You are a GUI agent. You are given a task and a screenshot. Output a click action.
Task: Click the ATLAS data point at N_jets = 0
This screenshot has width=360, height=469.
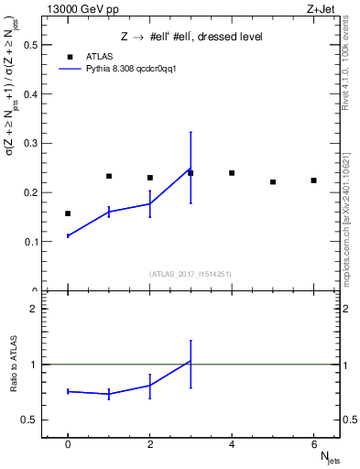tap(68, 213)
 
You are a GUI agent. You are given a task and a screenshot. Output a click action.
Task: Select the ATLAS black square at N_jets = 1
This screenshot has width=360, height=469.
tap(109, 176)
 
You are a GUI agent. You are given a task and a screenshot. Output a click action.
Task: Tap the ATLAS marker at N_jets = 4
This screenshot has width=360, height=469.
tap(232, 173)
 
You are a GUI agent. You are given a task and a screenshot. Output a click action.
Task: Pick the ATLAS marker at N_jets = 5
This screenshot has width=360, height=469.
tap(273, 182)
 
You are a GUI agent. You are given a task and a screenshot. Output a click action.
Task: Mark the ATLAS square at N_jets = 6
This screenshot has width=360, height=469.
tap(313, 180)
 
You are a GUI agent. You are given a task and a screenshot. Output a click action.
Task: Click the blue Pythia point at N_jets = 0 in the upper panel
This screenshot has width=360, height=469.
tap(68, 235)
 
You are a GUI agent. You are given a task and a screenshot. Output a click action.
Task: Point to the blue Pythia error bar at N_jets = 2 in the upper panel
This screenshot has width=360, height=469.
tap(149, 203)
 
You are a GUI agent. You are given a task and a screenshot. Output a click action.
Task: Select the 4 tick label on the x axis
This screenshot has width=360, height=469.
tap(232, 445)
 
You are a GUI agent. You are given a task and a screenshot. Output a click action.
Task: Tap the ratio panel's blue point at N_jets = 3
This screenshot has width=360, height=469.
tap(191, 361)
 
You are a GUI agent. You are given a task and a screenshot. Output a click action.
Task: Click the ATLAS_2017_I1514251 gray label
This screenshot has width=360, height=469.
tap(191, 274)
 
